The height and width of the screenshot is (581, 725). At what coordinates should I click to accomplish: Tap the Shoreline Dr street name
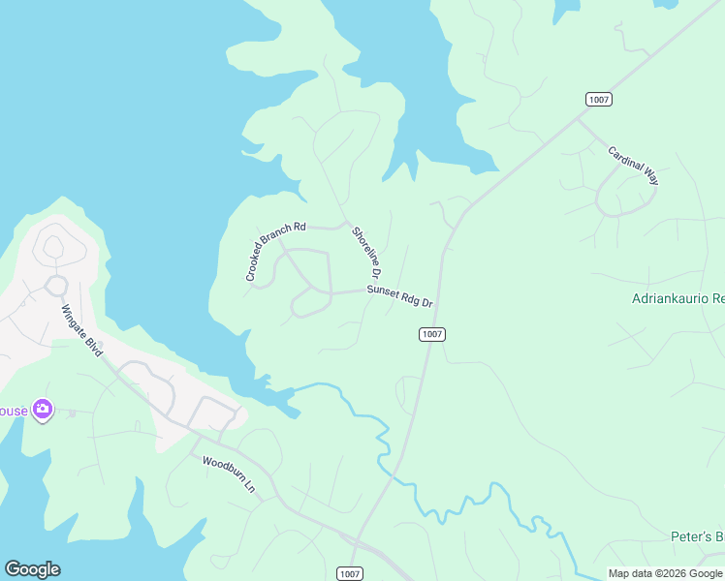[x=367, y=250]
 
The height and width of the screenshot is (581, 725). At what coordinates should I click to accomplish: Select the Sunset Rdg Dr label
[x=399, y=296]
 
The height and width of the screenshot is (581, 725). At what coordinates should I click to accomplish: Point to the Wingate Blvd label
[x=81, y=330]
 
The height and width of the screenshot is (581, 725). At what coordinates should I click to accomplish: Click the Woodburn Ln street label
[x=228, y=476]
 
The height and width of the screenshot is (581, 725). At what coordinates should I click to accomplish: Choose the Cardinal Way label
[x=633, y=166]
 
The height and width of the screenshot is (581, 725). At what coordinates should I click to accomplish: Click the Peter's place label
[x=697, y=536]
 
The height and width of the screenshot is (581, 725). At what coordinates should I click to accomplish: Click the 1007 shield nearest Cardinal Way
[x=598, y=100]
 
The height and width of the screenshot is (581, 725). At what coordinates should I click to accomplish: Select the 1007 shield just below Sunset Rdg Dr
[x=432, y=334]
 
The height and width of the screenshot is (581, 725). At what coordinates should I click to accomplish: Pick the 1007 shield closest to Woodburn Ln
[x=350, y=573]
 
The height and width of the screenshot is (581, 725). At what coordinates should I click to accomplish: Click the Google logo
[x=32, y=569]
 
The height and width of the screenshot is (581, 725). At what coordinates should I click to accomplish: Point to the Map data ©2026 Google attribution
[x=664, y=573]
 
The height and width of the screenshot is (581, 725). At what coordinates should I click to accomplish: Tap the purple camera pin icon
[x=42, y=410]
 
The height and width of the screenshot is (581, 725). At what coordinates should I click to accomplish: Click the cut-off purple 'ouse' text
[x=14, y=411]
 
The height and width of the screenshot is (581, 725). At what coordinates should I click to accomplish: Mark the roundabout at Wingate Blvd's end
[x=55, y=285]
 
